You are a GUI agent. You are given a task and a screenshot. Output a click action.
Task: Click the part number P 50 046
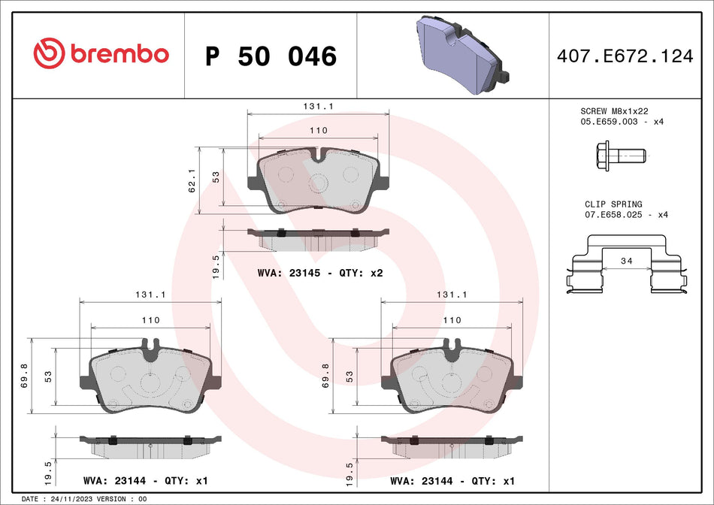pos(271,56)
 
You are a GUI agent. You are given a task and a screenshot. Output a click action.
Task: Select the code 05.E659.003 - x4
pos(622,121)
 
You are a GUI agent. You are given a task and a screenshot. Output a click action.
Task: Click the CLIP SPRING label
pos(613,204)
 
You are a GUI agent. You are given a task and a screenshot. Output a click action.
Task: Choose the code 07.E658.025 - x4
pos(626,215)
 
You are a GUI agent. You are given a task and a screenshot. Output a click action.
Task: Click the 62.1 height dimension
pos(191,180)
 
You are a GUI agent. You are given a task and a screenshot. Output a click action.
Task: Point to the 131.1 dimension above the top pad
pos(319,107)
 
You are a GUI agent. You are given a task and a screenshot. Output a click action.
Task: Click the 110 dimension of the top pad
pos(319,130)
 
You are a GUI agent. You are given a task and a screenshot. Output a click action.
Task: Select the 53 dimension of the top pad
pos(216,177)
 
